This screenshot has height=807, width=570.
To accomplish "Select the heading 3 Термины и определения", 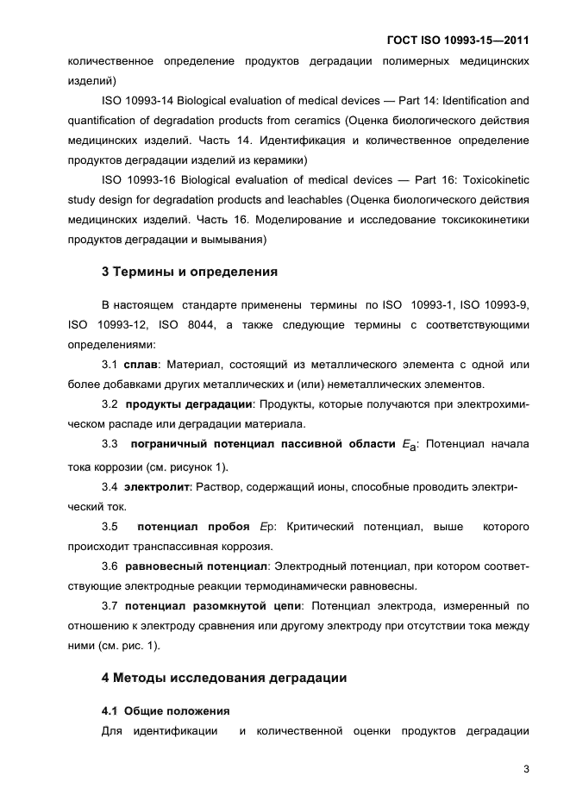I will [189, 272].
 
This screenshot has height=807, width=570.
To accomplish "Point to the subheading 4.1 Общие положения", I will [166, 711].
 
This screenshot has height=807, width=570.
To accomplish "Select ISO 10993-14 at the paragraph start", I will [136, 101].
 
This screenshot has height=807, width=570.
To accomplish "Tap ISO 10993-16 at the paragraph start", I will [136, 180].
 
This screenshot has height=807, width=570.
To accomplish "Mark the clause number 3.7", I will [110, 607].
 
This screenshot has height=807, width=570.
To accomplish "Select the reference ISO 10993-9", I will [494, 306].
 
